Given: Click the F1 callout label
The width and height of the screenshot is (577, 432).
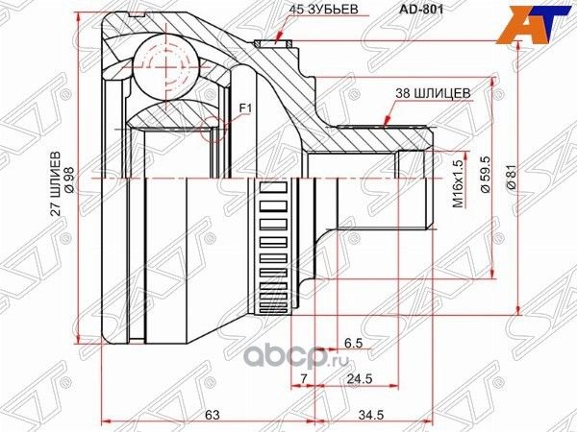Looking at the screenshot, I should pos(244,108).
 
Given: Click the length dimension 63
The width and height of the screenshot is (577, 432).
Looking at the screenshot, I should pos(213,414).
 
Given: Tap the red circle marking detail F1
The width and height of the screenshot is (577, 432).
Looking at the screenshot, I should pos(218,125).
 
